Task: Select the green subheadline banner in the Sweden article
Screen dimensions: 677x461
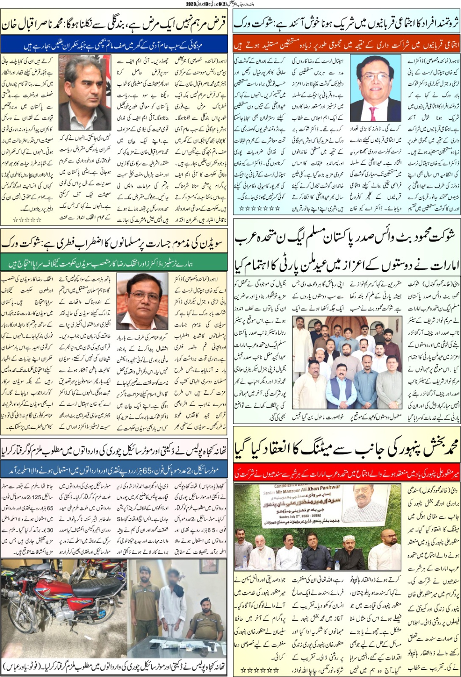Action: [115, 264]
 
